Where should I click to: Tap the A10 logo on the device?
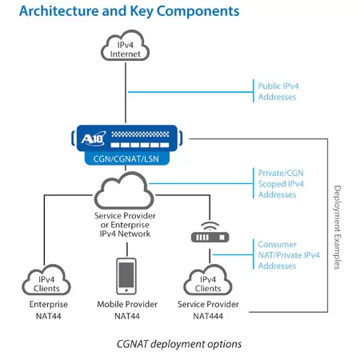[94, 138]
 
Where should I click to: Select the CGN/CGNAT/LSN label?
[126, 159]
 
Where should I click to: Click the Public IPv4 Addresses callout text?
[278, 91]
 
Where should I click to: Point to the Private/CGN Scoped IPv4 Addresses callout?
[281, 184]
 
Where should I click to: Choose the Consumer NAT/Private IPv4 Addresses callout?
[289, 255]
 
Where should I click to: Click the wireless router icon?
[210, 232]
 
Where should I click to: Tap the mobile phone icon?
[126, 276]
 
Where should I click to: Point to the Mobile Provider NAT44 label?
[127, 310]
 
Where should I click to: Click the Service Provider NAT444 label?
[208, 310]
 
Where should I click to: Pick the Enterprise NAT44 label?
[49, 310]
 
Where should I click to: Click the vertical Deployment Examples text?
[338, 227]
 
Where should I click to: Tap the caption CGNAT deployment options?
[179, 344]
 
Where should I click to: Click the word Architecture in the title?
[59, 11]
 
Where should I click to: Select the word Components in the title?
[198, 12]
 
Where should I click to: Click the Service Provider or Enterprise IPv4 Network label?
[125, 225]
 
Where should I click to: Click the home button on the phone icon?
[126, 290]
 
